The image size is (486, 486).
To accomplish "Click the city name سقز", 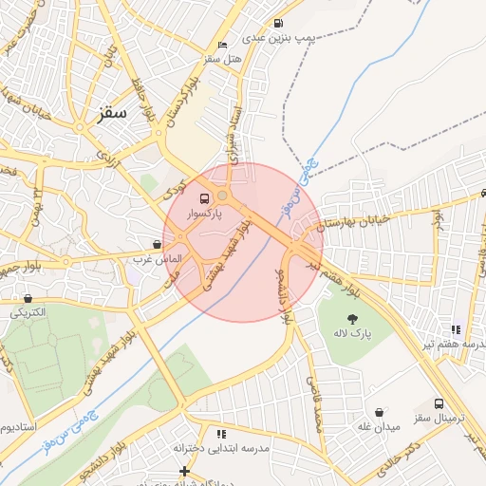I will pos(111,113).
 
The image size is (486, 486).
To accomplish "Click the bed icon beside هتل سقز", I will pos(222,45).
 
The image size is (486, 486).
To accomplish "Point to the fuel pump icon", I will pos(277,24).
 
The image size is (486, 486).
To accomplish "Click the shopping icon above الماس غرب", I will pos(157,244).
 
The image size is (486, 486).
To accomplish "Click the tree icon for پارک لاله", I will pos(353,318).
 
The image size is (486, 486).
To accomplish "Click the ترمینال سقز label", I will pos(437,418).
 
